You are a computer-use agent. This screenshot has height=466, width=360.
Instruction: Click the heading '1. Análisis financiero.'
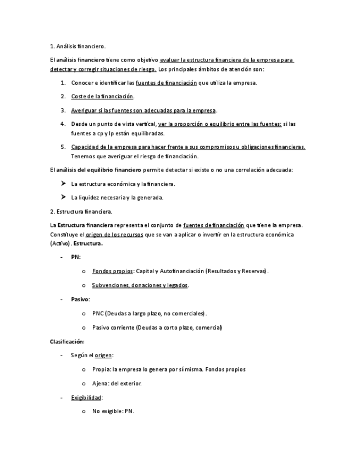(x=77, y=46)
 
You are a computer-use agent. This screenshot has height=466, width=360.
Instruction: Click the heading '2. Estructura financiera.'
(x=81, y=212)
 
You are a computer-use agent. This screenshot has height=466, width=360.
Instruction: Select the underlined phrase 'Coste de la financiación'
(x=102, y=97)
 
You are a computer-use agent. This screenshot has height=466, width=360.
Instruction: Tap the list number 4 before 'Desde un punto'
(x=63, y=124)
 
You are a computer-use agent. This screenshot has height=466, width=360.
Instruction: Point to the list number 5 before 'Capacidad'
(x=63, y=147)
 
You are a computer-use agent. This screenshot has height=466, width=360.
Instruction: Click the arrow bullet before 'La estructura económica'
(x=63, y=184)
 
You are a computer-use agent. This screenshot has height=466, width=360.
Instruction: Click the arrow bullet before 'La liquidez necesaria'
(x=63, y=197)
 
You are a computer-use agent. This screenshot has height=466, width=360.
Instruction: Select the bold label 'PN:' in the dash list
(x=75, y=257)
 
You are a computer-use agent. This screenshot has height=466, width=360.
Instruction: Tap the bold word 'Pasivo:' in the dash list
(x=80, y=299)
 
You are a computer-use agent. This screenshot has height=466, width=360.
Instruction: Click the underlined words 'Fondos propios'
(x=113, y=271)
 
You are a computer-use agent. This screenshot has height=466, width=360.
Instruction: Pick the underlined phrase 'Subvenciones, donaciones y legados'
(x=140, y=285)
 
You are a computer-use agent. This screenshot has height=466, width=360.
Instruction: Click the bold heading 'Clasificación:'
(x=67, y=341)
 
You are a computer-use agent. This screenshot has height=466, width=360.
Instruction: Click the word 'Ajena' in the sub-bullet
(x=100, y=383)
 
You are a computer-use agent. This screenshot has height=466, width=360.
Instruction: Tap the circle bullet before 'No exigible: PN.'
(x=83, y=412)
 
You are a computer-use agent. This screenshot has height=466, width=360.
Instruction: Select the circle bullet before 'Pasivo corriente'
(x=83, y=328)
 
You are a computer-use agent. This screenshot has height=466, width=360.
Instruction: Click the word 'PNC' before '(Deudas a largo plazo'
(x=98, y=313)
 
